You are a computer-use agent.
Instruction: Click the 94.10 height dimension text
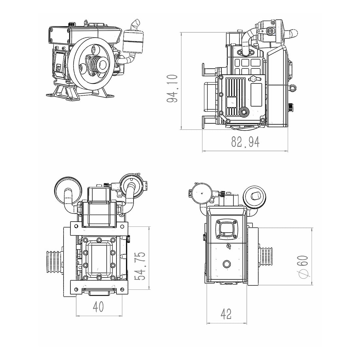172,88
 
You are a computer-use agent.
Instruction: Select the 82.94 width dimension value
245,142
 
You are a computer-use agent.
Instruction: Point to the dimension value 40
98,307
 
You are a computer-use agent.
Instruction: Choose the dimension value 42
226,314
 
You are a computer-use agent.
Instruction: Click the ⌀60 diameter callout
303,266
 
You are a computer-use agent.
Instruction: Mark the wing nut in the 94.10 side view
253,79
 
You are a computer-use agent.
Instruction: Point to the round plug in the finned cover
243,112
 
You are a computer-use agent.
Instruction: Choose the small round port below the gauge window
226,263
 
